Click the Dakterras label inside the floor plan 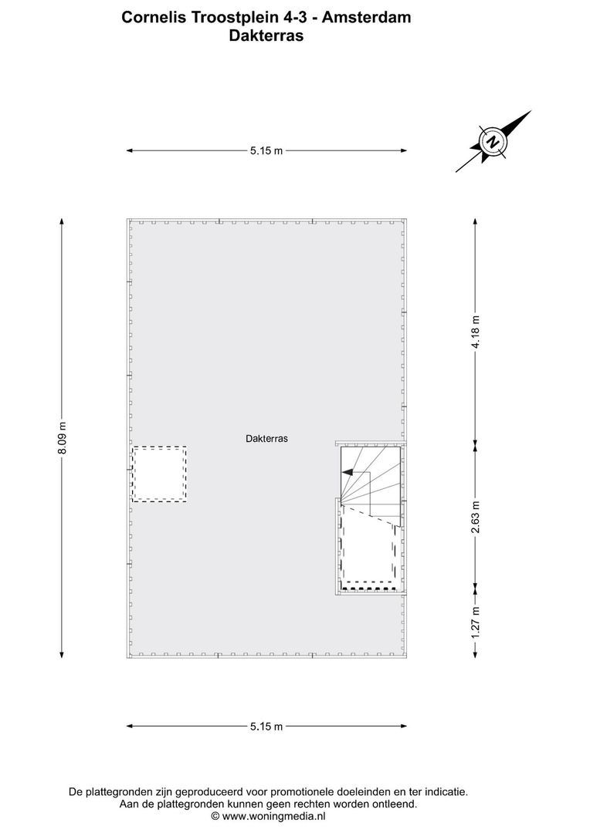(266, 438)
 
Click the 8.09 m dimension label (63, 438)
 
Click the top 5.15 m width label (266, 151)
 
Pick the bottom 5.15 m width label (266, 726)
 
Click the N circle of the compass (492, 142)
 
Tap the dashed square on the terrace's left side (159, 474)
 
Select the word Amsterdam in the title (366, 16)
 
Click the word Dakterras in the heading (266, 34)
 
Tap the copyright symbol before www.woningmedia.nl (215, 815)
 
